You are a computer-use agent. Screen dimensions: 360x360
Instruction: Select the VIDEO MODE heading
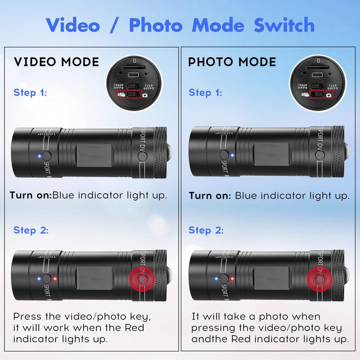tap(57, 62)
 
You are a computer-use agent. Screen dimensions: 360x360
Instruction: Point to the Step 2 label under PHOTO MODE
tap(206, 230)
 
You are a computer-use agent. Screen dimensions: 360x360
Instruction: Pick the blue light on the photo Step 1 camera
tap(232, 156)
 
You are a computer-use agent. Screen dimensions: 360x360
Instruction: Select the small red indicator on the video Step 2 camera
tap(55, 278)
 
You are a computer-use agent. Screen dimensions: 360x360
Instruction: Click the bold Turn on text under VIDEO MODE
tap(30, 195)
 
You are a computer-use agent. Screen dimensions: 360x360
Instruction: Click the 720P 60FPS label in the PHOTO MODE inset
tap(332, 86)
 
